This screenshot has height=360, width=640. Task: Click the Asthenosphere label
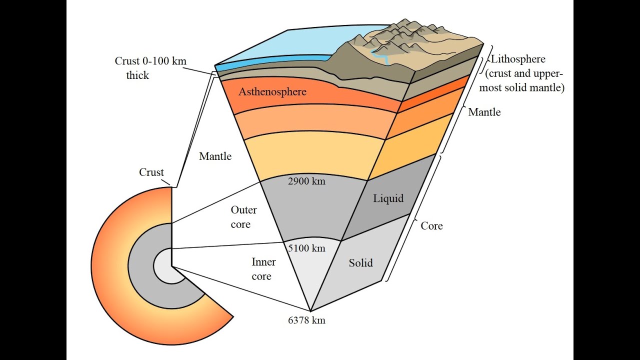[272, 92]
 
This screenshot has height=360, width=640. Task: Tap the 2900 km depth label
[306, 181]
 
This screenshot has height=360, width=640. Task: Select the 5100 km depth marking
[306, 248]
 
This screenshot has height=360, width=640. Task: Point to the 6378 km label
[306, 320]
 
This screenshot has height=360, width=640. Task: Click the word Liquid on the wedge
[388, 198]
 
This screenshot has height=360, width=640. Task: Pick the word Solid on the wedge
[360, 262]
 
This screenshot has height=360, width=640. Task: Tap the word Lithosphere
[518, 59]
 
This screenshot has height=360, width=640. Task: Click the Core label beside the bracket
[431, 226]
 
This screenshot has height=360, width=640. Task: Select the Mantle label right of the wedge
[484, 112]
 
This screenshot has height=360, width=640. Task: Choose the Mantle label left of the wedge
[215, 156]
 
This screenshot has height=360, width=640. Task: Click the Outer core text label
[243, 217]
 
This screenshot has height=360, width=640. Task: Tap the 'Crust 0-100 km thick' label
[150, 68]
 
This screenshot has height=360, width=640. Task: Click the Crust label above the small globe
[151, 172]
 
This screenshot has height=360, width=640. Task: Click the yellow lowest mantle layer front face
[310, 155]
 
